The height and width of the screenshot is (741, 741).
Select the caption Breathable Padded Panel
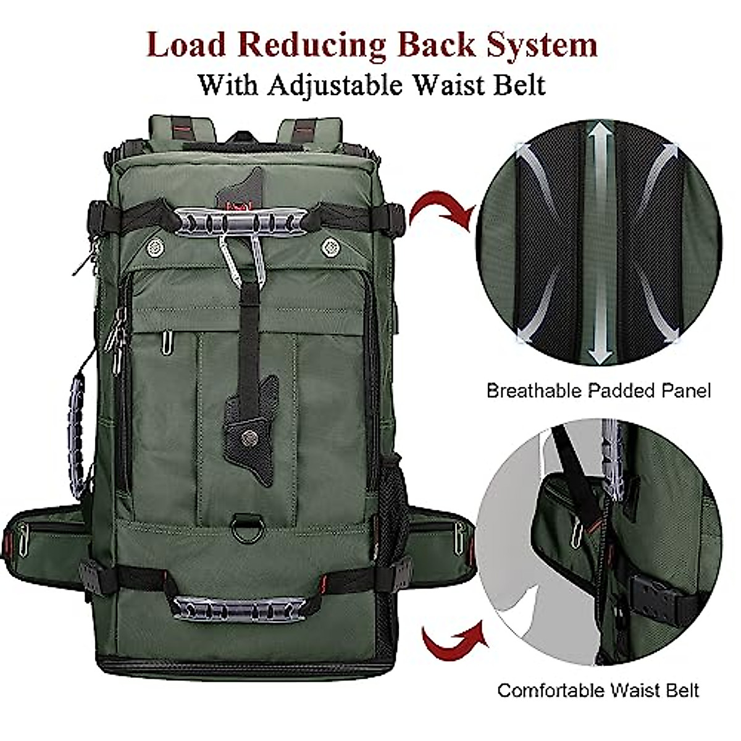[598, 390]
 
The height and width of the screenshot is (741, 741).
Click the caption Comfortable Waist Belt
[598, 690]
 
